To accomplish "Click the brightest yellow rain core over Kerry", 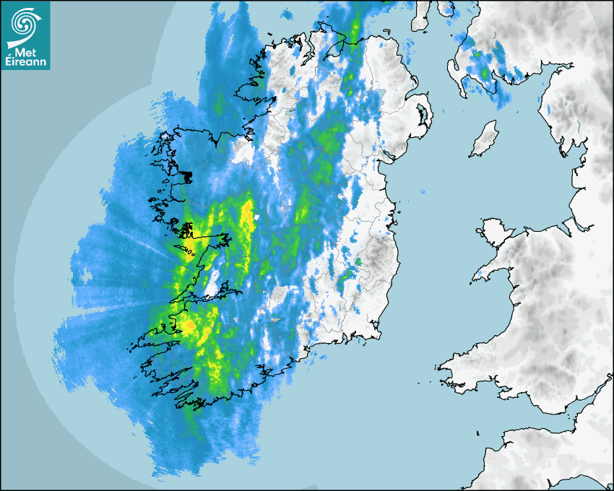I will point(189,327).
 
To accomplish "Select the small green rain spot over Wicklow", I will point(358,261).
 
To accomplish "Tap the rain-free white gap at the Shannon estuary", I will point(214,286).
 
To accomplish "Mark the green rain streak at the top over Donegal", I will point(354,29).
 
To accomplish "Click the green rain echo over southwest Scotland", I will point(475,54).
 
